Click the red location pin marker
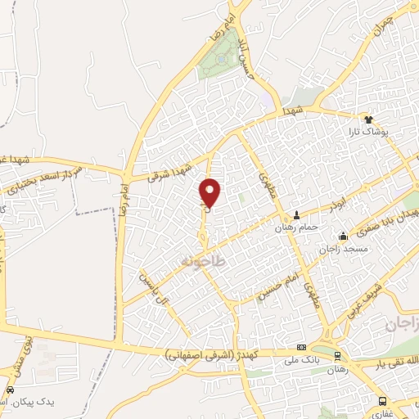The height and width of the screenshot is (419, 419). tap(210, 193)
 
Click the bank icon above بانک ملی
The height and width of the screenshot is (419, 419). tap(302, 347)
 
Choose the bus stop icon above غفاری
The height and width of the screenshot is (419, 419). tap(382, 401)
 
